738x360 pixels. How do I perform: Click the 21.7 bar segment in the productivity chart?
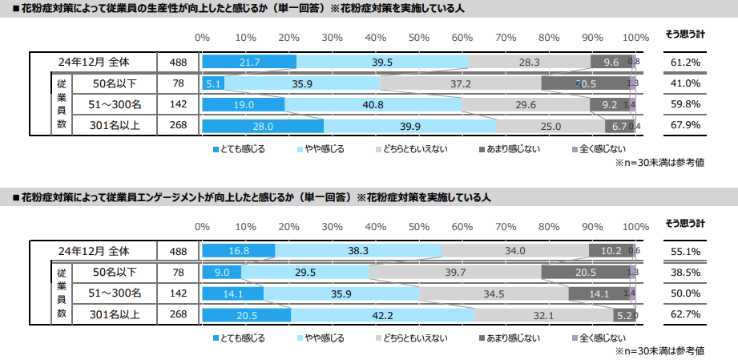click(x=249, y=62)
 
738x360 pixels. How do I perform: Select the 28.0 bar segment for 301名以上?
click(x=263, y=126)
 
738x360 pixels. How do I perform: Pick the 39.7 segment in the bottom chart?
click(x=455, y=272)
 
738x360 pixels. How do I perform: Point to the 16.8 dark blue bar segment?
click(x=238, y=250)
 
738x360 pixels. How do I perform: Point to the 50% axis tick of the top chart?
click(x=419, y=37)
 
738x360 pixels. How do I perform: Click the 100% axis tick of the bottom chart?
click(x=635, y=226)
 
